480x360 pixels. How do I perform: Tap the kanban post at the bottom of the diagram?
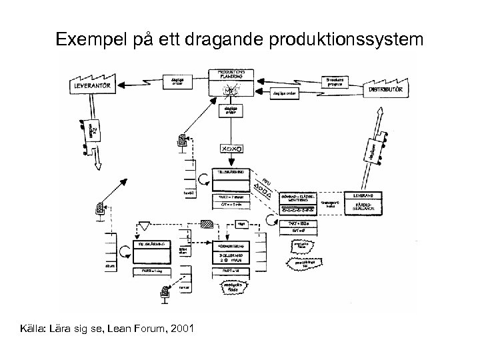[x=165, y=291]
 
